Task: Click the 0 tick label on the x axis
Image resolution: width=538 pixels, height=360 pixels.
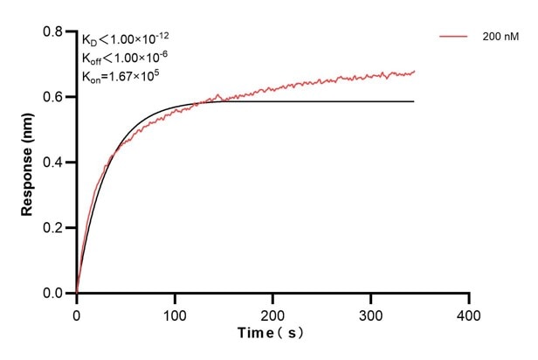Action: (x=77, y=313)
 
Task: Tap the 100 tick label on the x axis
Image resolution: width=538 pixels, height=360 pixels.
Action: (x=175, y=313)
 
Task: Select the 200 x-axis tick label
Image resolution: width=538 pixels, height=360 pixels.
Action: (x=273, y=313)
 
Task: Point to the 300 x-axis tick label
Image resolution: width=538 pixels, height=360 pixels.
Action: (x=371, y=313)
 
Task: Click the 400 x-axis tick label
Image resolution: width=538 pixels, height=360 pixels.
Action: (x=470, y=313)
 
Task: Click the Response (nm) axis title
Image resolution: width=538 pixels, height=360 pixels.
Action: (x=27, y=163)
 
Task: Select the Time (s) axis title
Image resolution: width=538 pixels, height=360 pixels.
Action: (x=272, y=333)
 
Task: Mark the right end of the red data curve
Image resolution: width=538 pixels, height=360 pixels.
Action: (x=415, y=72)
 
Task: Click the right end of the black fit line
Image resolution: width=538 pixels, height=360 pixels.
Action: (x=414, y=101)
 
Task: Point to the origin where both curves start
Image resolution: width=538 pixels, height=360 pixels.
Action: (x=77, y=293)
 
